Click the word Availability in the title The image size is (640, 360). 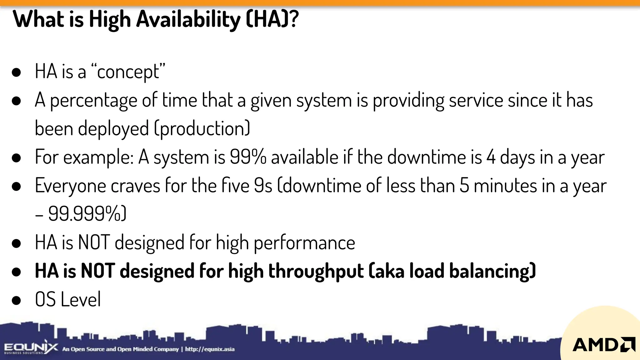(188, 19)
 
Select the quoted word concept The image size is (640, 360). (128, 72)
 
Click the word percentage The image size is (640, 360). (93, 101)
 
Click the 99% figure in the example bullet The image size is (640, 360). (248, 157)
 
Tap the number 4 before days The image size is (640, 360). (491, 157)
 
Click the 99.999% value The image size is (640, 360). (87, 214)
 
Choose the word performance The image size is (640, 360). (304, 243)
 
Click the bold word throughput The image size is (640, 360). (316, 271)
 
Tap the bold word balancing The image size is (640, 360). (492, 271)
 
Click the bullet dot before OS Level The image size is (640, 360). (16, 300)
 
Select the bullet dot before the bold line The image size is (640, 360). (16, 272)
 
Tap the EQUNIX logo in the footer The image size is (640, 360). (31, 348)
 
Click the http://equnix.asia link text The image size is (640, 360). (210, 349)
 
